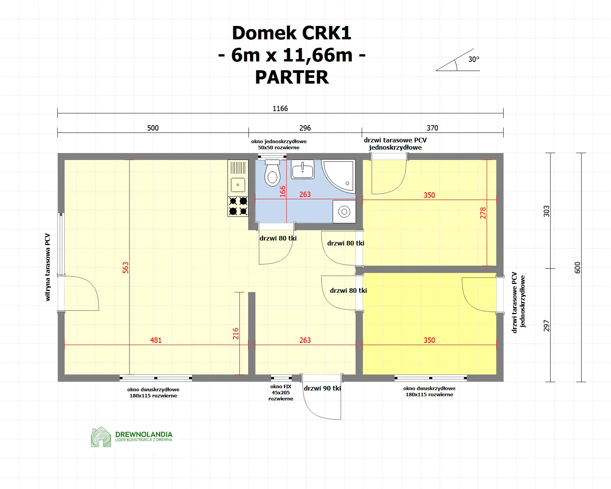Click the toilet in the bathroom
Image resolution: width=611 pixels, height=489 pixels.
tap(272, 174)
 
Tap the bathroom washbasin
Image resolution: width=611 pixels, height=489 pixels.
tap(302, 169)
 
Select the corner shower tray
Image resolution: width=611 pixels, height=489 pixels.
tap(339, 176)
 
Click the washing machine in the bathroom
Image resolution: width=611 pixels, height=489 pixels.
tap(344, 211)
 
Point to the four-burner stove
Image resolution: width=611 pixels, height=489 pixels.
tap(238, 206)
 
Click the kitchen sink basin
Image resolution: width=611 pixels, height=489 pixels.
tap(238, 185)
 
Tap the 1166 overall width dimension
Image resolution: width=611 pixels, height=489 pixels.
tap(280, 109)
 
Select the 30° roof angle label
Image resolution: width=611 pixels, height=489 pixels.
tap(473, 60)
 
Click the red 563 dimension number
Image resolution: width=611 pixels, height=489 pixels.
tap(125, 267)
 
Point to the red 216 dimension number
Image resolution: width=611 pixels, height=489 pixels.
tap(236, 333)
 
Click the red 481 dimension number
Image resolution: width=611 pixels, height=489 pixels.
tap(156, 340)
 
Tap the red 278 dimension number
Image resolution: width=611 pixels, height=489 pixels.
tap(483, 213)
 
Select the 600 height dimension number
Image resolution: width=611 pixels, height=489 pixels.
tap(577, 267)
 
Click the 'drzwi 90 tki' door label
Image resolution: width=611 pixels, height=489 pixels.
tap(322, 388)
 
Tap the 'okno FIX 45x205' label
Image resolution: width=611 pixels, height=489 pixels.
tap(281, 392)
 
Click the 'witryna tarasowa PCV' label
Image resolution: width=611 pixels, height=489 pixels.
tap(48, 267)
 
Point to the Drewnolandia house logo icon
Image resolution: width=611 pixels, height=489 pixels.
tap(101, 437)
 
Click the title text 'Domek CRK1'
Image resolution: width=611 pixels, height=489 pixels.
tap(291, 33)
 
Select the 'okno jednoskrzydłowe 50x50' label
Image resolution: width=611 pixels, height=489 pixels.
tap(279, 144)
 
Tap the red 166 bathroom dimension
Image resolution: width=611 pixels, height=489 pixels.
tap(283, 191)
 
